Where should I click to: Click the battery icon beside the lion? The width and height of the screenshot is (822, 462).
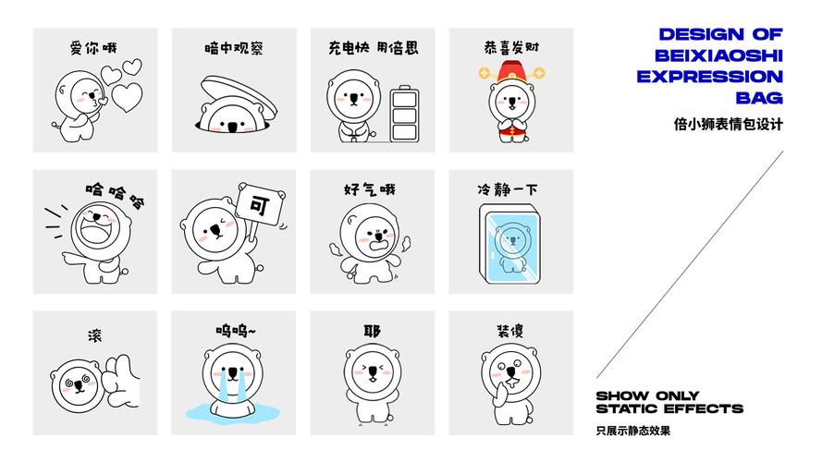[x=404, y=114]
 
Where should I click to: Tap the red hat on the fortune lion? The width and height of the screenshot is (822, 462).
[x=511, y=71]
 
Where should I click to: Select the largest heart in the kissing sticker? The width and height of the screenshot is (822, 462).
[x=127, y=97]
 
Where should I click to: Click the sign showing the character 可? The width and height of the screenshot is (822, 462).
[x=260, y=205]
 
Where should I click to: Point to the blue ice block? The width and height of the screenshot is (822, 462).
[x=509, y=244]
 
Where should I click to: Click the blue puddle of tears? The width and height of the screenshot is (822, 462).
[x=232, y=412]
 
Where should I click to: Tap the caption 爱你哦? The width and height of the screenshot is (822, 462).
[x=93, y=48]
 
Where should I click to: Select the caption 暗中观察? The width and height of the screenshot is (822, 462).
[x=234, y=48]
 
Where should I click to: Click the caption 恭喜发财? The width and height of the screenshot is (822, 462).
[x=511, y=48]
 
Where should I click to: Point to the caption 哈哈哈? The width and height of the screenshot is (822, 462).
[x=116, y=194]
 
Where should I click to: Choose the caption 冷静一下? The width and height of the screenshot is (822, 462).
[x=507, y=189]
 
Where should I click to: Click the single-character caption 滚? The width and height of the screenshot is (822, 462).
[x=95, y=335]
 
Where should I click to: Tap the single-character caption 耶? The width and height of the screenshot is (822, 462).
[x=373, y=331]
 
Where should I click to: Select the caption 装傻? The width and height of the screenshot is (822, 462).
[x=510, y=331]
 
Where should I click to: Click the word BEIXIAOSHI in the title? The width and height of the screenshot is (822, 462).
[x=718, y=55]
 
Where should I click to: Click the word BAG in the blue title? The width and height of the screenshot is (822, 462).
[x=759, y=98]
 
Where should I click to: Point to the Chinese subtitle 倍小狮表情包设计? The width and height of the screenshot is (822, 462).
[x=729, y=124]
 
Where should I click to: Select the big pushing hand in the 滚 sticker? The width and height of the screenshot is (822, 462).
[x=122, y=382]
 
